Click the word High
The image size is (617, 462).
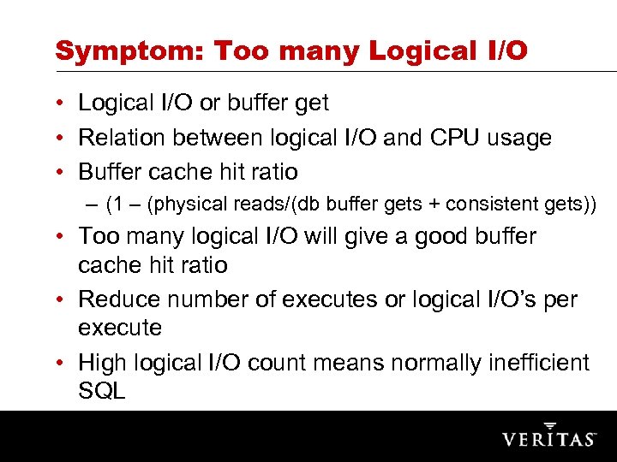(105, 363)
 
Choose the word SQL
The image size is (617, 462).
(101, 392)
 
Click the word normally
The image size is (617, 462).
(429, 363)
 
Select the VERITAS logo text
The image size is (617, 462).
(549, 438)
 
